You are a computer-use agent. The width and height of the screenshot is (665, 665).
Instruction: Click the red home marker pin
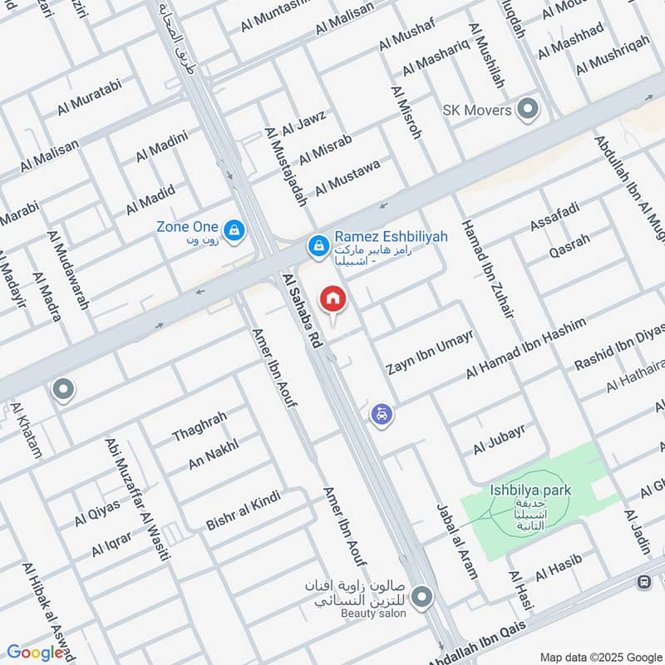(332, 298)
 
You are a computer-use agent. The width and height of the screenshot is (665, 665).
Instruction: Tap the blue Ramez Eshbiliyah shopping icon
(317, 246)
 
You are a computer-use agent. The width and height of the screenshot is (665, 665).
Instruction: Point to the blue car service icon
(382, 413)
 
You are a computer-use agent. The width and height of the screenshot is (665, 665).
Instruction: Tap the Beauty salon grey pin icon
(423, 596)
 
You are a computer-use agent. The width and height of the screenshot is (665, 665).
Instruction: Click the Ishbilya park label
(530, 490)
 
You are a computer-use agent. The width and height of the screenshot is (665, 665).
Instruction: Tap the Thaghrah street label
(199, 427)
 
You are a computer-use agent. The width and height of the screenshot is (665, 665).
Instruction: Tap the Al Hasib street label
(557, 568)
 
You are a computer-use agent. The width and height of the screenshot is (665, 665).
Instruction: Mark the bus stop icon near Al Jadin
(643, 582)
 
